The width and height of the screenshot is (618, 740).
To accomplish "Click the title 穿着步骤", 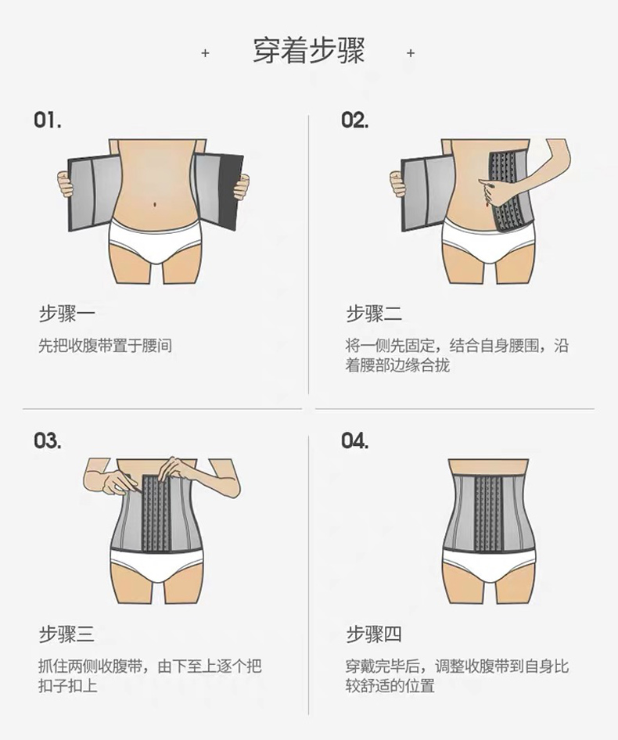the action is tap(309, 52).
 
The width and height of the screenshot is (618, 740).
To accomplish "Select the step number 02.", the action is tap(355, 121).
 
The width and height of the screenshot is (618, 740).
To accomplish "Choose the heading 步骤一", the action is tap(66, 314).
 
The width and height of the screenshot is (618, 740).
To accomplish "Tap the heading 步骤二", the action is tap(374, 314).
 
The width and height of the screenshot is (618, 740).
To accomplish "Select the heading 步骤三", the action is tap(66, 634).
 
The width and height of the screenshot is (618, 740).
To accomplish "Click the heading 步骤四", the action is tap(374, 634).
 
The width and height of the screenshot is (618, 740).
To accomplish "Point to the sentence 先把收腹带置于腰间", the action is tap(105, 345).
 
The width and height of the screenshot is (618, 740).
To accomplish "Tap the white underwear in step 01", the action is tap(154, 239).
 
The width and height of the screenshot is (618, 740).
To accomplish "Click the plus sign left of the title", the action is tap(206, 53).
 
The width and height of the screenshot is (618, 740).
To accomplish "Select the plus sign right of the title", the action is tap(411, 53).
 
